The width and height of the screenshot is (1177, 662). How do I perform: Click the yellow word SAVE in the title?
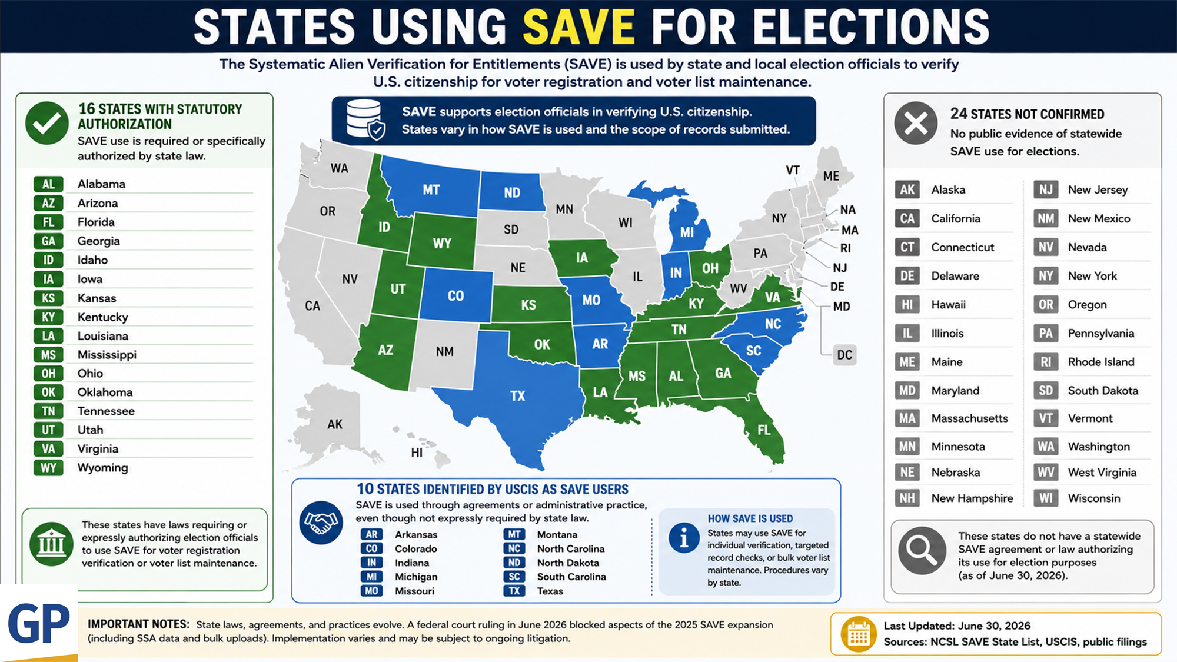578,27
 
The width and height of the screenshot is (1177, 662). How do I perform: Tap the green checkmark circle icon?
47,123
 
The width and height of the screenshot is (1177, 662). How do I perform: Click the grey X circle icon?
916,123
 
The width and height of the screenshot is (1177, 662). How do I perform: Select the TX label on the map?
517,396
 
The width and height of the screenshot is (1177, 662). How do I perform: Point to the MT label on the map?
431,190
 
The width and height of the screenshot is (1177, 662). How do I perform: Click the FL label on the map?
764,430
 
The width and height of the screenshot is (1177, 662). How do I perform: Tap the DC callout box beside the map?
844,355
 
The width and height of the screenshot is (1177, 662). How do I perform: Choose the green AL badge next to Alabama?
48,184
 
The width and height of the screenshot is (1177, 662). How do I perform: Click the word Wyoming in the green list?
103,468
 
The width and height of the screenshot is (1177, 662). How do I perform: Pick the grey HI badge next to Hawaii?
907,304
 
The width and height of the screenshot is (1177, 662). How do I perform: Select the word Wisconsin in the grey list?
1094,498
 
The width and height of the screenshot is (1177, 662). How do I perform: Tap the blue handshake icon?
321,523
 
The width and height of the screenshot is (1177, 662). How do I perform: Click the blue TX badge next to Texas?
514,591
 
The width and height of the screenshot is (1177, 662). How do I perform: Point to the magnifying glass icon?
922,551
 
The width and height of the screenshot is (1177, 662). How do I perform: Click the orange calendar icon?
858,634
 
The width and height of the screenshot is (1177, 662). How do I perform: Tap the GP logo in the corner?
39,624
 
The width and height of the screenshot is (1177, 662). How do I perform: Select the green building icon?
51,544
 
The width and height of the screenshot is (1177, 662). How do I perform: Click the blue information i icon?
684,538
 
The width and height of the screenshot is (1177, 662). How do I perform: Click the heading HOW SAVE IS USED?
750,518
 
